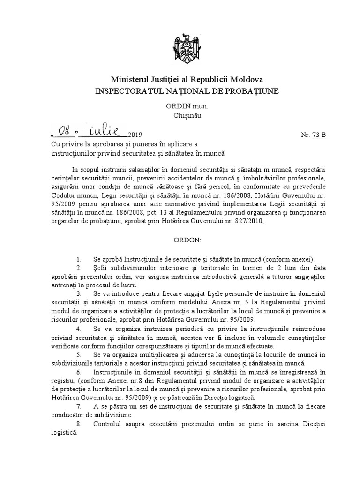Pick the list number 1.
pos(80,259)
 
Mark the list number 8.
pos(80,424)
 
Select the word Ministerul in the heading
pos(129,80)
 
